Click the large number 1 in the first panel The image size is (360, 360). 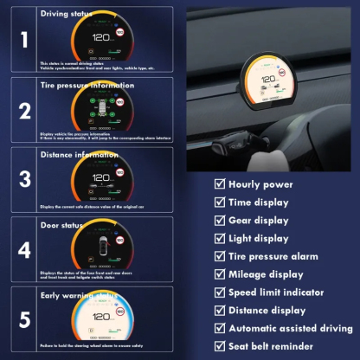24,39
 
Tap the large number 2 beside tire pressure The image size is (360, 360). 24,110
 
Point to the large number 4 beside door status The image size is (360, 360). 24,251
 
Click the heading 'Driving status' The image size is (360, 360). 67,15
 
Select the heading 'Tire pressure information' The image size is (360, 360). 87,86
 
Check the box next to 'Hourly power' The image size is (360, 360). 220,184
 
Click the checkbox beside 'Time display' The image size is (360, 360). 220,202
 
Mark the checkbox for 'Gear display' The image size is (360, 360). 220,221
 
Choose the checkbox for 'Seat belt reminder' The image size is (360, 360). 220,346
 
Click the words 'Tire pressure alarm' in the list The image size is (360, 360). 273,256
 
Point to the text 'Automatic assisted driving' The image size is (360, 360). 291,328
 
